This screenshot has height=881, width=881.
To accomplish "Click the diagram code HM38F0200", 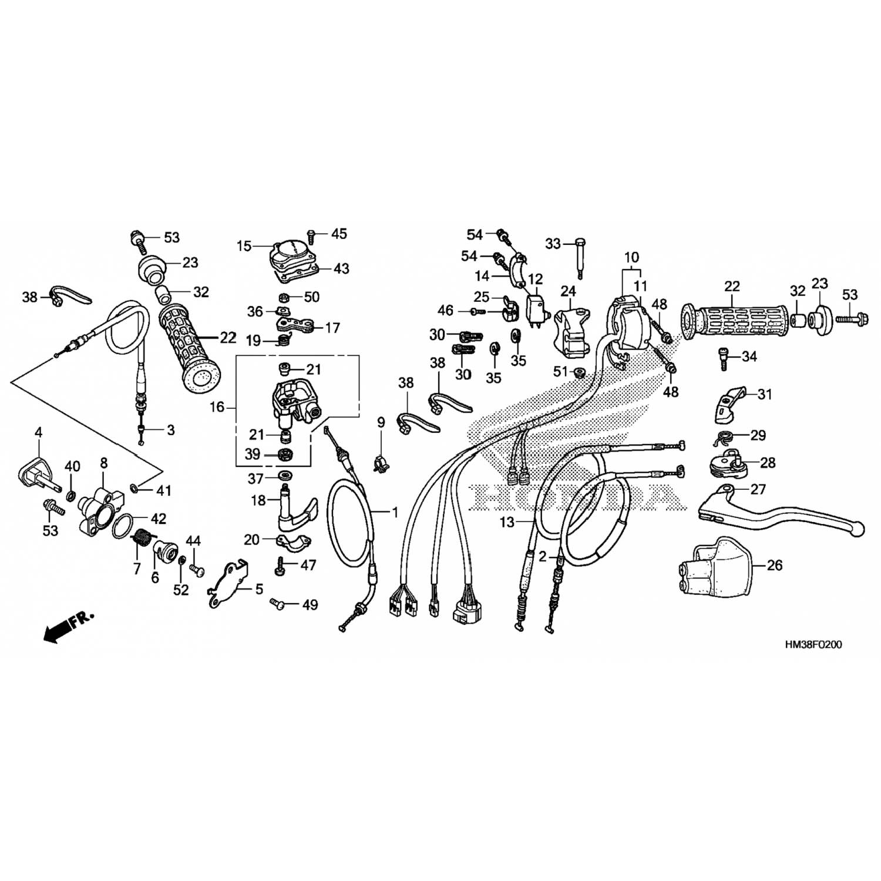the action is (813, 644).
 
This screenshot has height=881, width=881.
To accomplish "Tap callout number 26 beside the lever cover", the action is (775, 565).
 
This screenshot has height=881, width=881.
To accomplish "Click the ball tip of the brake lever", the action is (861, 529).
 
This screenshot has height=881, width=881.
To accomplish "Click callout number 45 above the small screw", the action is (339, 234).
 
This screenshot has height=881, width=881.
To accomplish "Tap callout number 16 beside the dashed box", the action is (217, 406).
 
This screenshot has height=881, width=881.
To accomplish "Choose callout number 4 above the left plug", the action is (39, 432).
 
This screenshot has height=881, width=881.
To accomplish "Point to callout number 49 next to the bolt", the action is (310, 604).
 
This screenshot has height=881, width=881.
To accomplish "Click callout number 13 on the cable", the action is (507, 522).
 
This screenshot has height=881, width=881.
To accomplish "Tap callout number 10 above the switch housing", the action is (631, 257).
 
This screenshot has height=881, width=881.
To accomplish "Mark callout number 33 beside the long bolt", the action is (553, 243).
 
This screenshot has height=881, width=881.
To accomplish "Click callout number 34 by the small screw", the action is (749, 357).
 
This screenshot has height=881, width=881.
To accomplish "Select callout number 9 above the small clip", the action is (381, 422).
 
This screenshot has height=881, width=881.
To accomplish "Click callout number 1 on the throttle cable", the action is (395, 513).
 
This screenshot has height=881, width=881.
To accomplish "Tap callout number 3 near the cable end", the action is (170, 430).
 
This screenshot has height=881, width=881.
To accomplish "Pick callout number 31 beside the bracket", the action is (764, 395).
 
